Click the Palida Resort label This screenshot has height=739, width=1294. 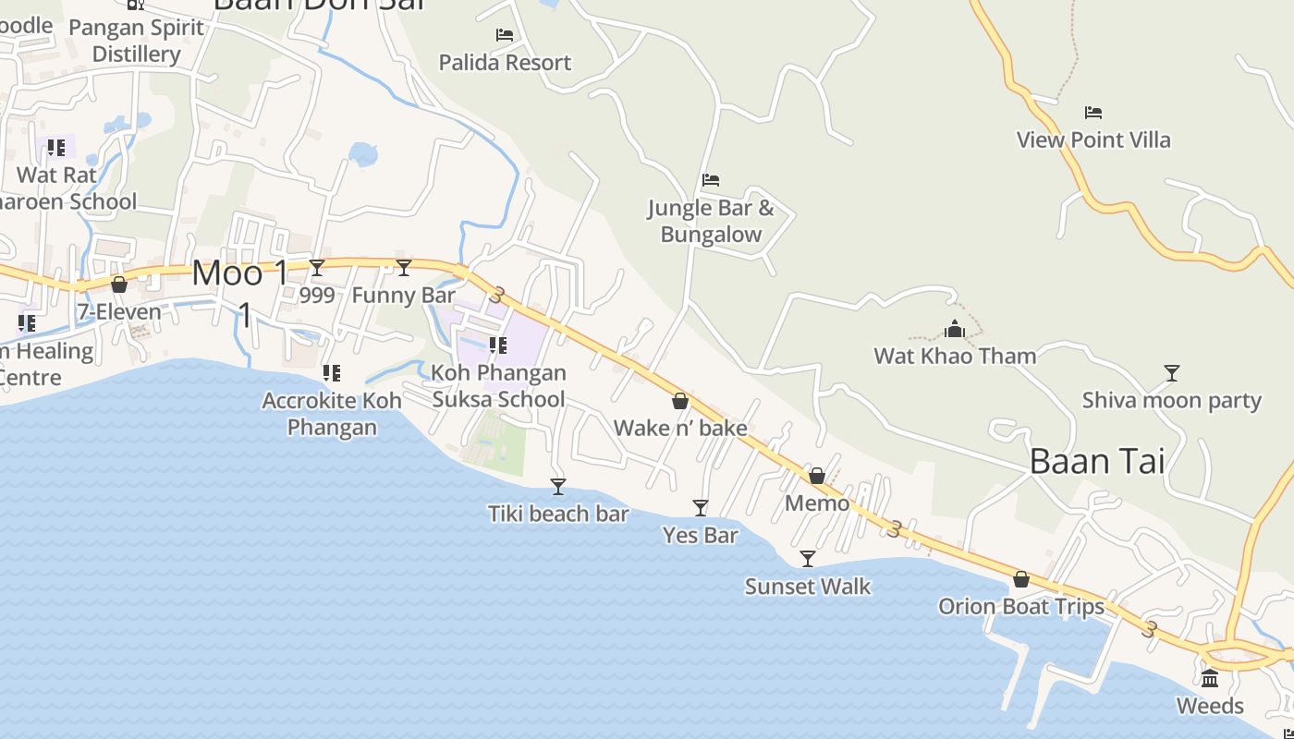tap(505, 63)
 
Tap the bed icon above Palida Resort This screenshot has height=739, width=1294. tap(505, 35)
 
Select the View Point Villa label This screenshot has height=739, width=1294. tap(1093, 140)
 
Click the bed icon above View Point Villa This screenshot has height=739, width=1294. tap(1093, 113)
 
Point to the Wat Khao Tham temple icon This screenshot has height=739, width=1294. tap(955, 329)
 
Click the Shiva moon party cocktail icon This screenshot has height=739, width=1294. tap(1172, 373)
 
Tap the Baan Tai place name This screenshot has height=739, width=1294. tap(1097, 461)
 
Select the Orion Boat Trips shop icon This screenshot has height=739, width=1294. tap(1021, 579)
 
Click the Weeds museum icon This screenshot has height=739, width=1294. tap(1210, 679)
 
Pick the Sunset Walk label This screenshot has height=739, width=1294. tap(808, 587)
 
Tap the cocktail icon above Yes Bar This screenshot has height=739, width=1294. tap(701, 508)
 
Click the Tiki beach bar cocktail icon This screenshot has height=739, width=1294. tap(558, 487)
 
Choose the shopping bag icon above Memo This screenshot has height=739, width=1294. tap(817, 476)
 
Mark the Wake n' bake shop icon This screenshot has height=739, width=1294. tap(680, 401)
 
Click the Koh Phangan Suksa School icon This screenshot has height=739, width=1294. tap(498, 345)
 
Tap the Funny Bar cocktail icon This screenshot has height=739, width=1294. tap(404, 268)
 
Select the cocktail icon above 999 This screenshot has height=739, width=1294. tap(317, 268)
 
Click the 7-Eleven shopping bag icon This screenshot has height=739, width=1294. tap(119, 285)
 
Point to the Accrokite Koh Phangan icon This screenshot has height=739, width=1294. tap(332, 373)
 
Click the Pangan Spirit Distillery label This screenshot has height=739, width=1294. tap(136, 41)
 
